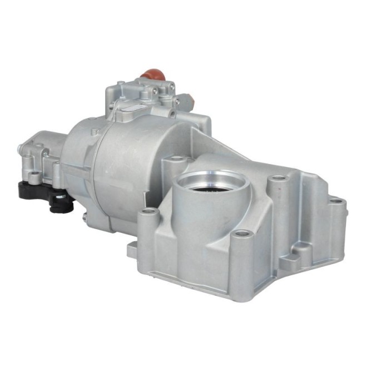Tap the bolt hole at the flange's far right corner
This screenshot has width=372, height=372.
coord(335,201)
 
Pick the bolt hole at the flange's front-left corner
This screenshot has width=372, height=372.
coord(148,211)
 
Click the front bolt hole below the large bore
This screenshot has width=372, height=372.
coord(240,234)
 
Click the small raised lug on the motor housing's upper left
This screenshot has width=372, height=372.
coord(95,132)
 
